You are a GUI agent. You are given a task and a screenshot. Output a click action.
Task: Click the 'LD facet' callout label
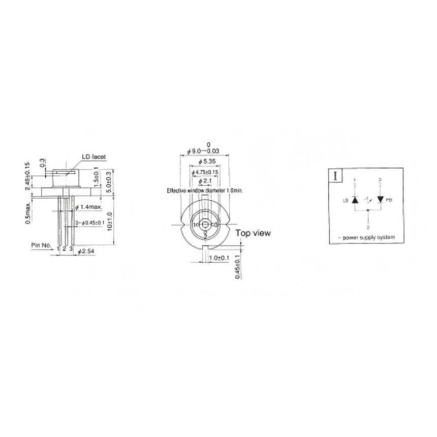tap(93, 157)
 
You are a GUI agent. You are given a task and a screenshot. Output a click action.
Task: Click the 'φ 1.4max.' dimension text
tap(89, 207)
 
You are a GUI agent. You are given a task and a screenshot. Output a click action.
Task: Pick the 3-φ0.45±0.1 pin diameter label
tap(90, 223)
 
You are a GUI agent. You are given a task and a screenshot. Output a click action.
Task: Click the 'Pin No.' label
tap(42, 245)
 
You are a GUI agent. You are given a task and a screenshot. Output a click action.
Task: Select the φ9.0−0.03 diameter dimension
tap(205, 151)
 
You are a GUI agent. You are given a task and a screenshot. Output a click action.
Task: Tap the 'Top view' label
tap(253, 233)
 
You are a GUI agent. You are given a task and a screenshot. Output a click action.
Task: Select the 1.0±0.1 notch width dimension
tap(219, 258)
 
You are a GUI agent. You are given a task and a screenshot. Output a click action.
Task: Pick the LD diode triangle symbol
tap(356, 199)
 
